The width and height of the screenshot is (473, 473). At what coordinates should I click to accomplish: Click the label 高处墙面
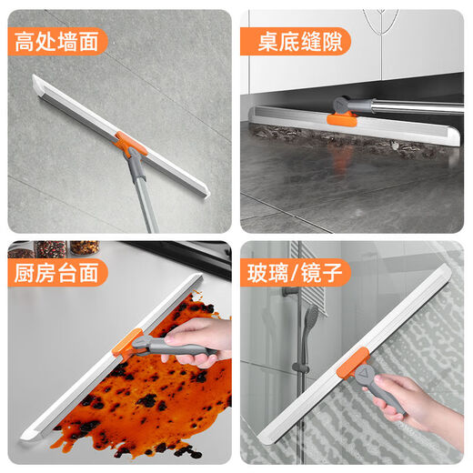58,40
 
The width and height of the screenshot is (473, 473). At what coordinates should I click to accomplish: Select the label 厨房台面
58,272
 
